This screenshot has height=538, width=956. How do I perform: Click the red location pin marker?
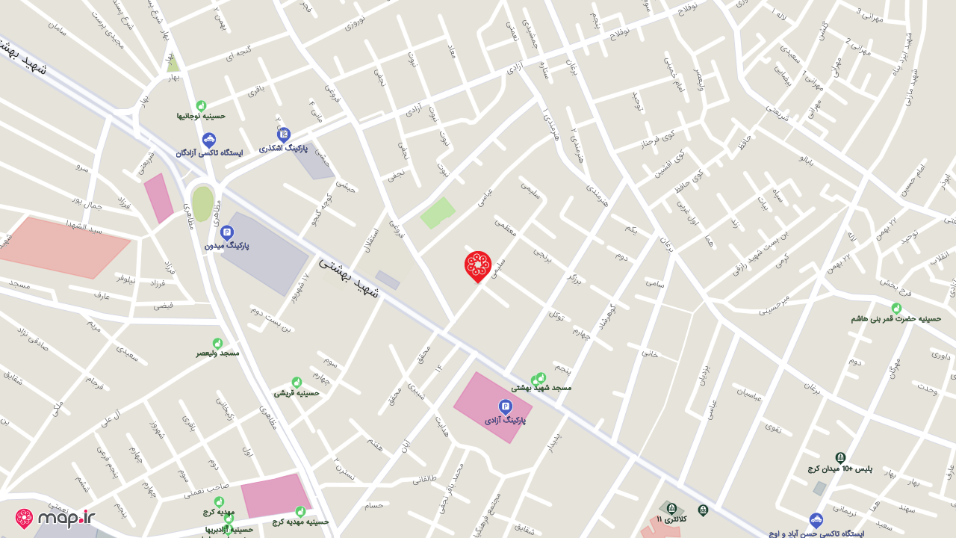pos(478,265)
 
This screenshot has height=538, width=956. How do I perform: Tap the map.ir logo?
pos(56,518)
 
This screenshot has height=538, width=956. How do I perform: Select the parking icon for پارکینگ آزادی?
pos(506,406)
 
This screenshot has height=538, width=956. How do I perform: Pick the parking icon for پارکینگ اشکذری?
pos(284,135)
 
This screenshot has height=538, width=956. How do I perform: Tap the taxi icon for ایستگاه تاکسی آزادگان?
pos(209,140)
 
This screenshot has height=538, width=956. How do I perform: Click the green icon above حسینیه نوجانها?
pos(201,105)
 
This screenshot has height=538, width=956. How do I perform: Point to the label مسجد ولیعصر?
pos(218,353)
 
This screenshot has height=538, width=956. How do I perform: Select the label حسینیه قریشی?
pos(297,392)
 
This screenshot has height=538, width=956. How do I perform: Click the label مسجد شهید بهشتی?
pos(541,388)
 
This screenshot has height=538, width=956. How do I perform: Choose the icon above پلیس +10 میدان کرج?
pos(840,457)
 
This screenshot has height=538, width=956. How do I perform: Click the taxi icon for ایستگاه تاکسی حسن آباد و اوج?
pos(816,520)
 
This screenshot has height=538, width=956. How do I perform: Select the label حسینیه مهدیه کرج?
pos(300,522)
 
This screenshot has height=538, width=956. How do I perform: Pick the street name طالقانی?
pos(423,479)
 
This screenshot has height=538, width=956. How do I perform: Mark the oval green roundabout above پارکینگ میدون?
pos(202,203)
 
